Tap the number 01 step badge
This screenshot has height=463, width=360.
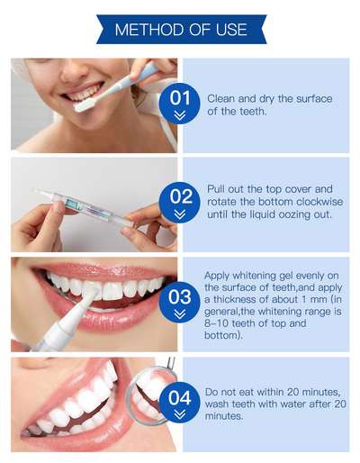point(179,104)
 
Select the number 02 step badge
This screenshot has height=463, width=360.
point(179,202)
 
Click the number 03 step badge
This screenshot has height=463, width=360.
point(179,303)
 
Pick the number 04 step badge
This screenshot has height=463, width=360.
point(179,403)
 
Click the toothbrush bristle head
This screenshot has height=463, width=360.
point(85,104)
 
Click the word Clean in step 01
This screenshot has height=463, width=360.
point(220,98)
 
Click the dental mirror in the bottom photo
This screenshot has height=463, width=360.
point(149,390)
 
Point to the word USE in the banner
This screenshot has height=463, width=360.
point(231,30)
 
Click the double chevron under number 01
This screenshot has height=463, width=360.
point(179,115)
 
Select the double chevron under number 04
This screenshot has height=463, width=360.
point(179,414)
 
